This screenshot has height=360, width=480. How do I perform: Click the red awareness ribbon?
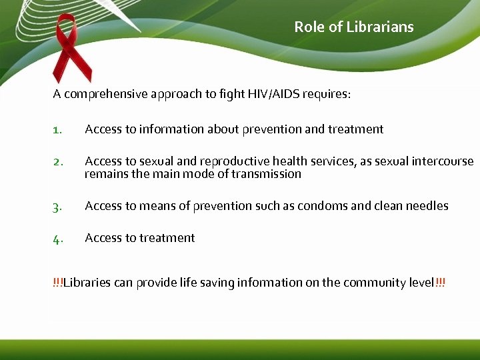tap(73, 47)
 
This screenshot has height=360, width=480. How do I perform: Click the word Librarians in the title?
tap(383, 27)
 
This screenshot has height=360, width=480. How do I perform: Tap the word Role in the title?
tap(309, 27)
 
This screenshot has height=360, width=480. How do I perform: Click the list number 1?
tap(57, 130)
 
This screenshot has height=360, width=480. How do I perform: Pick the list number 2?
tap(57, 162)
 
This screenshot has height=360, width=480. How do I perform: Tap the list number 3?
tap(57, 207)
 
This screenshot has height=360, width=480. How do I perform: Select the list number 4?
tap(57, 239)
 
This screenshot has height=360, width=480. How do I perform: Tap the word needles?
tap(427, 206)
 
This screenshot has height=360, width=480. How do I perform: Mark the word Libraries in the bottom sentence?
tap(87, 283)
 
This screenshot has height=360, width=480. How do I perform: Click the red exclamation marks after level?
tap(440, 283)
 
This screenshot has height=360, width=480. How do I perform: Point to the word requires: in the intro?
tap(327, 94)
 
